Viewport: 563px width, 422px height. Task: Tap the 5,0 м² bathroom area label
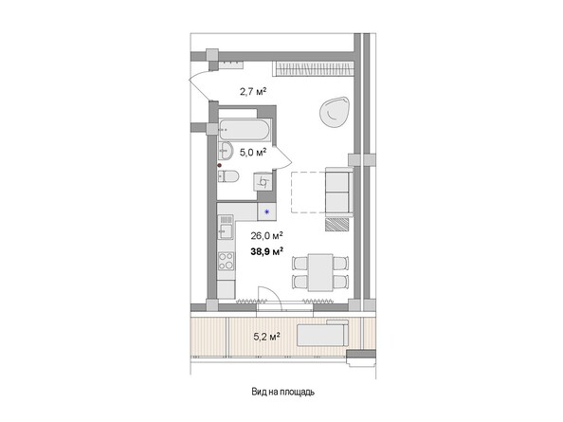[250, 151]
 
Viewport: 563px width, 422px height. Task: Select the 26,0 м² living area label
[267, 235]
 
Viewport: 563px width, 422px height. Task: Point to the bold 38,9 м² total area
[266, 251]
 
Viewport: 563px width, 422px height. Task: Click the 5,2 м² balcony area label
[264, 335]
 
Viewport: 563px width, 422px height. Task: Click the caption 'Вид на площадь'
[282, 391]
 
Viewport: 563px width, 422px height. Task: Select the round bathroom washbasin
[227, 152]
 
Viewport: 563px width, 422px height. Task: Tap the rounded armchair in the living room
[334, 112]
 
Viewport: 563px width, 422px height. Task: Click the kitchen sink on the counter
[227, 228]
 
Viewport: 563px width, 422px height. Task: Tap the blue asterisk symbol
[267, 211]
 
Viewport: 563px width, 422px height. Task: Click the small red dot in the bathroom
[219, 166]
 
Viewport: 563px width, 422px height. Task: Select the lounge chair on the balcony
[322, 335]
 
